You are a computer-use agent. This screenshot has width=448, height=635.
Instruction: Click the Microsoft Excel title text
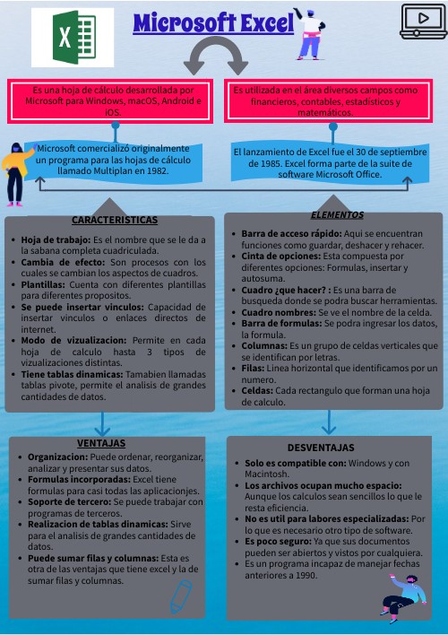(x=213, y=24)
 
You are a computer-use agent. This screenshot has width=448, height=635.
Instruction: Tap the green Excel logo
(x=73, y=38)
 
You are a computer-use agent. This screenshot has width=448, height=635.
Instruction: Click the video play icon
(x=423, y=21)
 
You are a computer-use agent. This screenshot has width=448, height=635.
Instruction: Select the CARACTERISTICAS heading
(x=114, y=220)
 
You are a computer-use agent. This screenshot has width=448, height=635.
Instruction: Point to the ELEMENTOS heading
(x=337, y=215)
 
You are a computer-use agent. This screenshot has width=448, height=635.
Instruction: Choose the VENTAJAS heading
(x=100, y=443)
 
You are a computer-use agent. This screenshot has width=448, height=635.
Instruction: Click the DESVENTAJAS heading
(x=321, y=448)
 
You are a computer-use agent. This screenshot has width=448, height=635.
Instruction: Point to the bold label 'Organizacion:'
(x=57, y=457)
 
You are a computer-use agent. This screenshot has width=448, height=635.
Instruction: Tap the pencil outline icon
(x=183, y=596)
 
